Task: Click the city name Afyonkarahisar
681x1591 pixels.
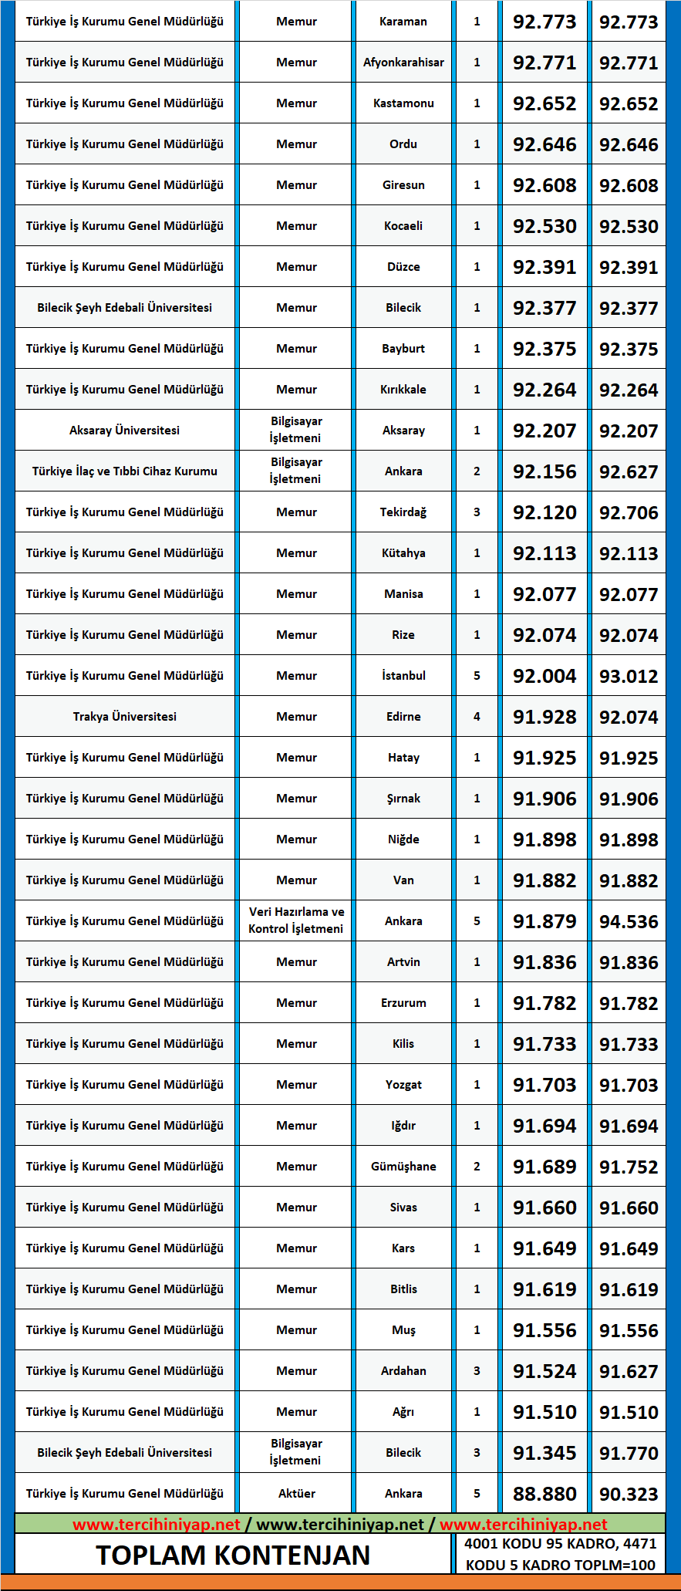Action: (x=403, y=62)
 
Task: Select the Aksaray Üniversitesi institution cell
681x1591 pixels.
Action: (x=124, y=431)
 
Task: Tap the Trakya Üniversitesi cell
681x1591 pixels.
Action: (x=124, y=717)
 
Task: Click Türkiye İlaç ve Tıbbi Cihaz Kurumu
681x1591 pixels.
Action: (x=124, y=471)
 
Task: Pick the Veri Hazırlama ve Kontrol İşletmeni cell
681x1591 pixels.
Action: (x=296, y=920)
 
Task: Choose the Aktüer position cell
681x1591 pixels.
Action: (x=296, y=1493)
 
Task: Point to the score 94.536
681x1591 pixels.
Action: (x=629, y=921)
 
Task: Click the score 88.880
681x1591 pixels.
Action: (x=544, y=1494)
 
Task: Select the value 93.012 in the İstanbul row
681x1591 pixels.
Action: (x=629, y=676)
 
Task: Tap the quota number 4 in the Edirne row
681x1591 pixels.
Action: (x=477, y=717)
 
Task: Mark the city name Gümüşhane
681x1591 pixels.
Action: (x=403, y=1167)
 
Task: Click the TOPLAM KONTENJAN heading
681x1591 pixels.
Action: (x=233, y=1555)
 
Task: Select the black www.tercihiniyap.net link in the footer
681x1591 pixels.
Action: (x=340, y=1524)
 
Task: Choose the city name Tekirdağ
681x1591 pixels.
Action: (x=403, y=512)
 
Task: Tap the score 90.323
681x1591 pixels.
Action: (x=629, y=1494)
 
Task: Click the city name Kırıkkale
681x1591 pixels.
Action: (x=403, y=390)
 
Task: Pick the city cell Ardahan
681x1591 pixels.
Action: (x=403, y=1371)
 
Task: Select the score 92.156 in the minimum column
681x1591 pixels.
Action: (x=544, y=471)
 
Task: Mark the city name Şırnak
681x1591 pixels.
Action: (x=403, y=799)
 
